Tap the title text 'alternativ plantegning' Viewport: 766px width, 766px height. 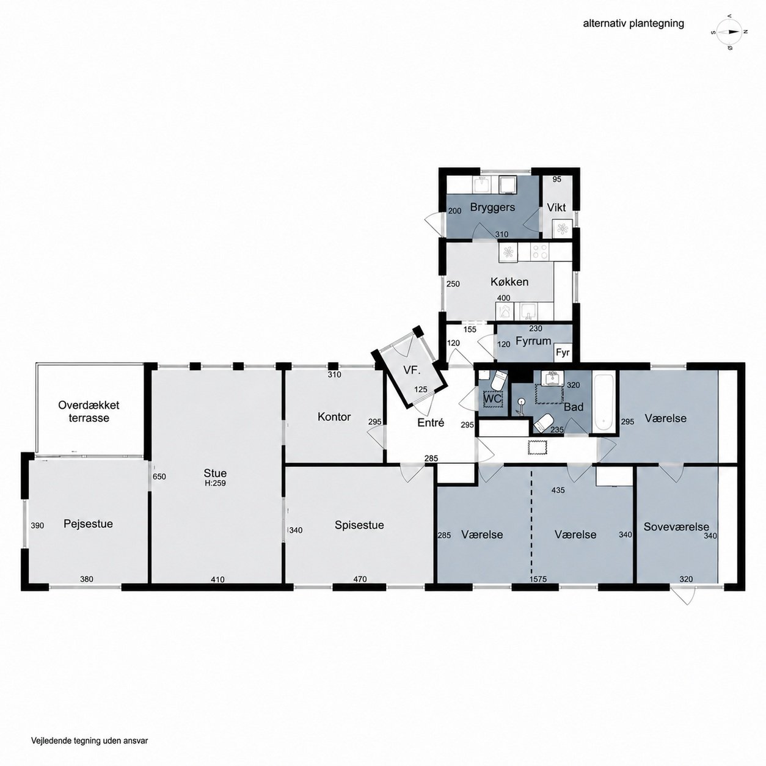(633, 24)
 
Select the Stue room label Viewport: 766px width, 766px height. (215, 473)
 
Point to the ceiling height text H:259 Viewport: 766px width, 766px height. (215, 483)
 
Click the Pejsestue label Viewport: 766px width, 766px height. (88, 523)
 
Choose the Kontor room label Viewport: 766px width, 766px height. (334, 417)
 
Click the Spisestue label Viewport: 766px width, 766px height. (359, 525)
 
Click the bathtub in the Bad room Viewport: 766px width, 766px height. (603, 401)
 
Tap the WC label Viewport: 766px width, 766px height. (492, 398)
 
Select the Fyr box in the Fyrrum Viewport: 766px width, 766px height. (563, 352)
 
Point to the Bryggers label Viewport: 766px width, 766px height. (492, 207)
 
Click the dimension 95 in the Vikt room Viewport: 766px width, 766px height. (557, 179)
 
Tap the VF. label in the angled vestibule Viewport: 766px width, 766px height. (412, 370)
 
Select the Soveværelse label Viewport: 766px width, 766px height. (677, 527)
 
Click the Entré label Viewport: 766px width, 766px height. (431, 423)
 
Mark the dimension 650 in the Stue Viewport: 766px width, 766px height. (159, 476)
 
